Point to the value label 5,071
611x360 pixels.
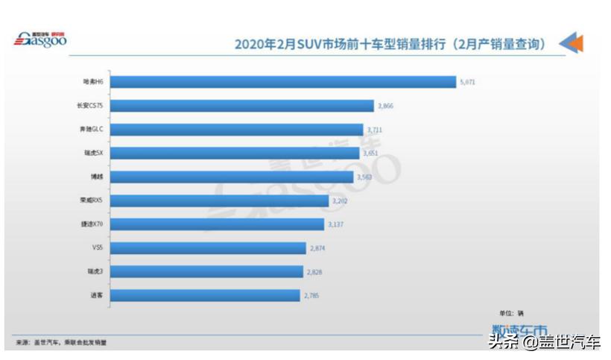point(467,82)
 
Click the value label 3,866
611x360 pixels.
point(385,106)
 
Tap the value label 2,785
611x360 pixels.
point(311,296)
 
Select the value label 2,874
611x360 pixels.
point(317,248)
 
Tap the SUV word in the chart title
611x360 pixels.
point(309,44)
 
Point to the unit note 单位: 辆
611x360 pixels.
point(511,314)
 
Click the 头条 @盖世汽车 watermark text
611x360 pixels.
point(543,343)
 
